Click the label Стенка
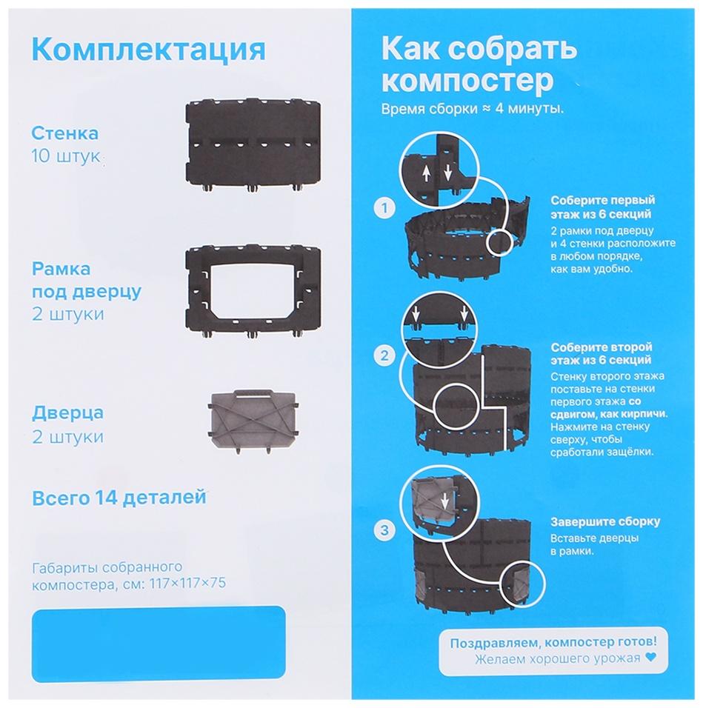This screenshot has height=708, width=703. pos(64,134)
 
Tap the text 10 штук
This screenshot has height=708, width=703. pos(65,157)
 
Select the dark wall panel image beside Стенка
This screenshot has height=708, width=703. pos(252,144)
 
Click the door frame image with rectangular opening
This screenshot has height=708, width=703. pos(252,291)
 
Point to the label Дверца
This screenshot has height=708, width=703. pos(67,413)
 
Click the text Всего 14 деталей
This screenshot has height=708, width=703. pos(119,498)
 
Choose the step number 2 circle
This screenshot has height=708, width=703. pos(383,355)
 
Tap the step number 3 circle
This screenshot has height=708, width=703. pos(383,529)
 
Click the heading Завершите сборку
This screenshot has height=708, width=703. pos(605,521)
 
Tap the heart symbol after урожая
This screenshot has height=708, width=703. pos(651,656)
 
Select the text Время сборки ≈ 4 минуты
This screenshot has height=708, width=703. pos(471,108)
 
